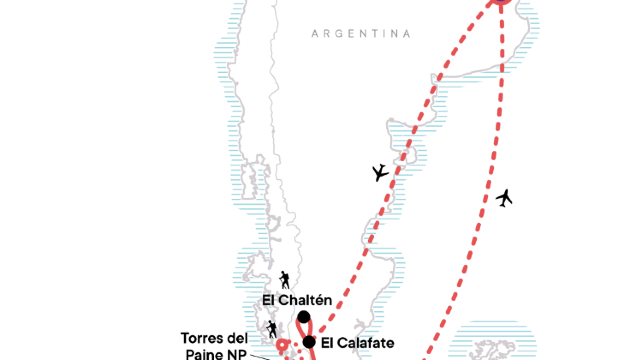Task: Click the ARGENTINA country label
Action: click(361, 33)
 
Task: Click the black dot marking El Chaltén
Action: click(303, 318)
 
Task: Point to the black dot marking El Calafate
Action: click(310, 342)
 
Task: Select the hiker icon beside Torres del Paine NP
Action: click(271, 328)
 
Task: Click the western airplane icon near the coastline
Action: click(379, 173)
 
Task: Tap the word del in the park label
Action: click(238, 337)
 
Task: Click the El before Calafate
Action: click(328, 342)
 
